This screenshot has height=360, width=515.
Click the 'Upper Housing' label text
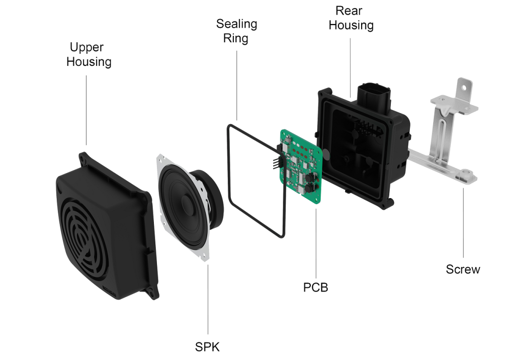tap(89, 55)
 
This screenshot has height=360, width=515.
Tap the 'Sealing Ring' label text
tap(236, 31)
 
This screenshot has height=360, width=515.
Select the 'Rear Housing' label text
tap(351, 18)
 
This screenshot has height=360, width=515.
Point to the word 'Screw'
tap(463, 269)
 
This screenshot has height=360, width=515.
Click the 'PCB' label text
tap(315, 288)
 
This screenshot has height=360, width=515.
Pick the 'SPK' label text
tap(207, 346)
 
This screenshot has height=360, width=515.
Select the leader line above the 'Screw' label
tap(463, 221)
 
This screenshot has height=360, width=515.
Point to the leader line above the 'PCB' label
tap(316, 241)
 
